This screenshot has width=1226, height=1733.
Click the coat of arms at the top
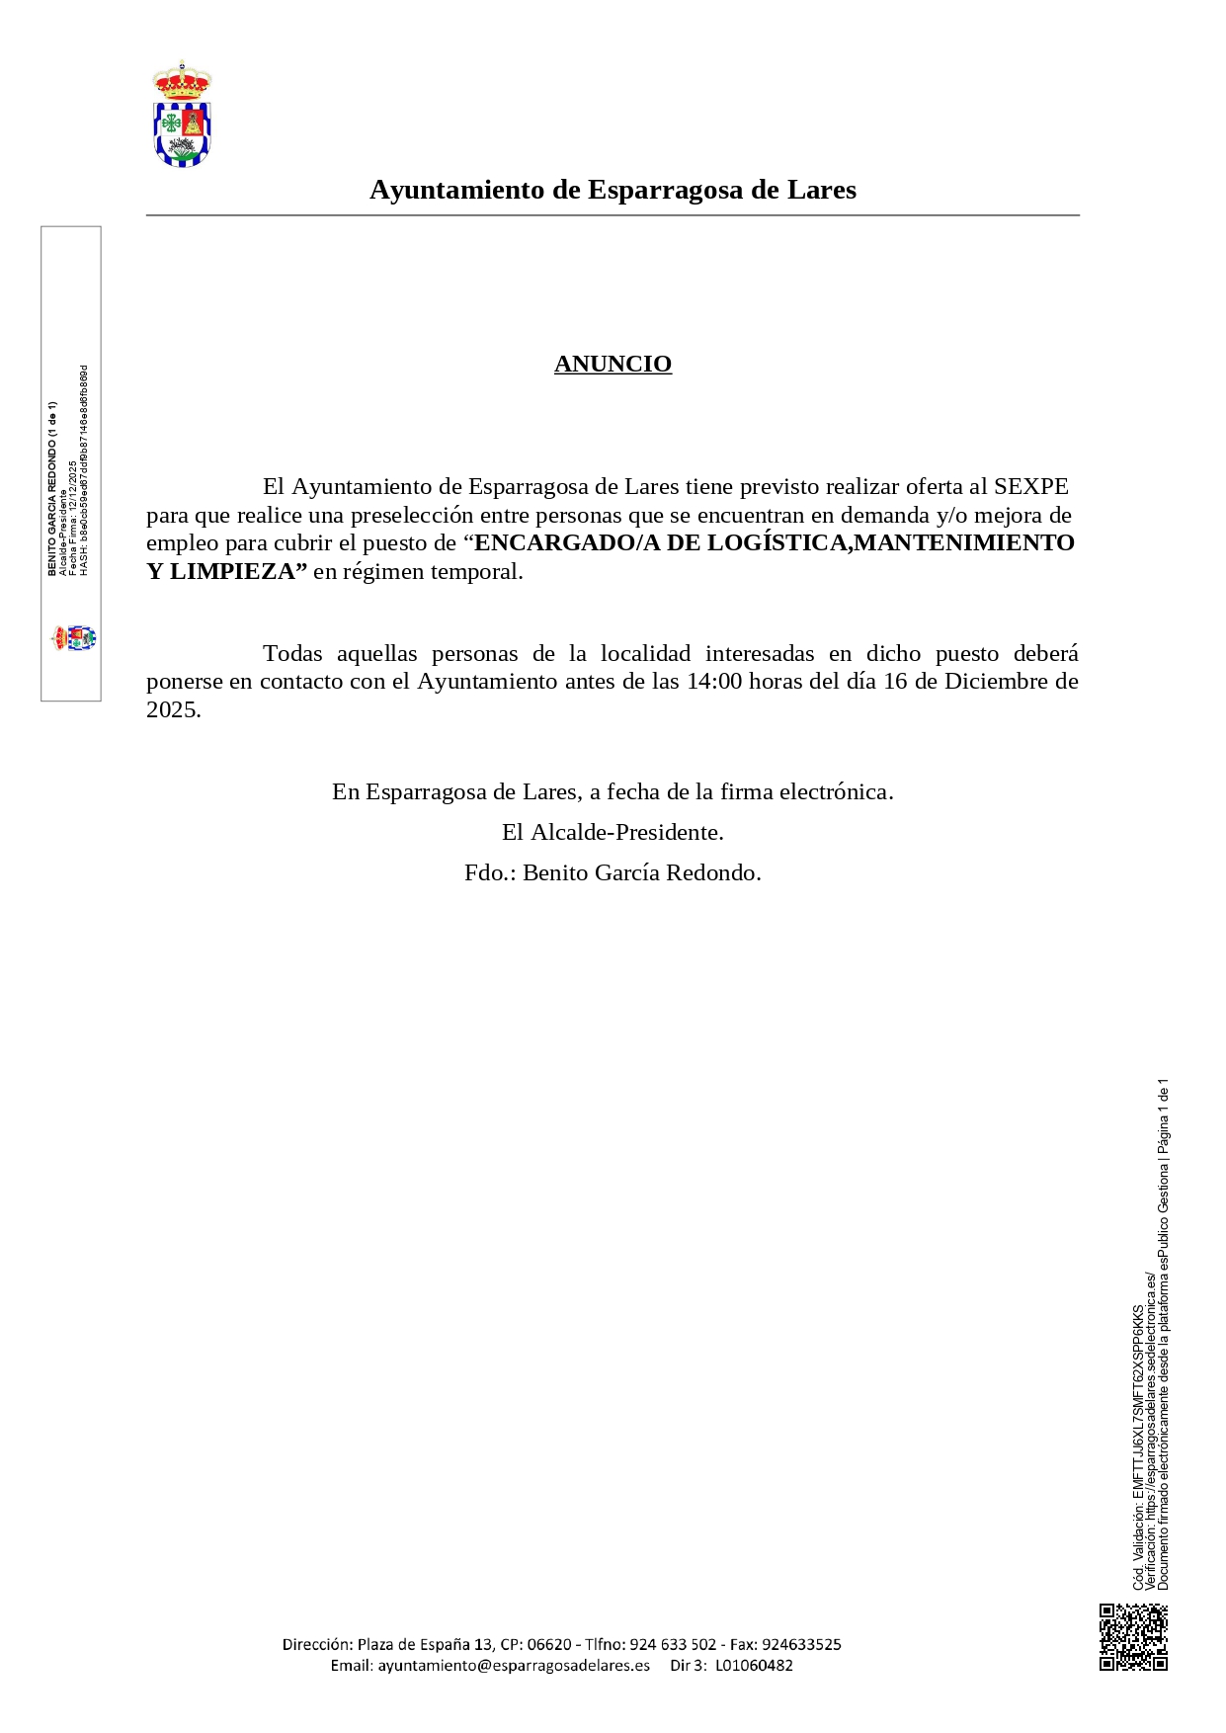tap(182, 115)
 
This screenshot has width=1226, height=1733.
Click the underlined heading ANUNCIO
tap(613, 364)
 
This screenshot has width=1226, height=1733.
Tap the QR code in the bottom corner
tap(1133, 1637)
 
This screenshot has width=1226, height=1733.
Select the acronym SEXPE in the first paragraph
tap(1030, 486)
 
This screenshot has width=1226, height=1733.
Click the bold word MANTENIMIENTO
tap(963, 542)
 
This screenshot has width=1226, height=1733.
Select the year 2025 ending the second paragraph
tap(172, 709)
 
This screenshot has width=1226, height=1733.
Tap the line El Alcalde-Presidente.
tap(613, 832)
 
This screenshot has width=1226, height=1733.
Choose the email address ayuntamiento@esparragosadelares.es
tap(514, 1665)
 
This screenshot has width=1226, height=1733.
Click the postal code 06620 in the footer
tap(549, 1644)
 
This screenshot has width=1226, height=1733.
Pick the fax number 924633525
tap(801, 1644)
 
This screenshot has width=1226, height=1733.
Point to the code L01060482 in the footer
tap(754, 1665)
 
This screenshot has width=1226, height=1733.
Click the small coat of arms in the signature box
tap(74, 637)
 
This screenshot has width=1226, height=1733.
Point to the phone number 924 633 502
tap(673, 1644)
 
